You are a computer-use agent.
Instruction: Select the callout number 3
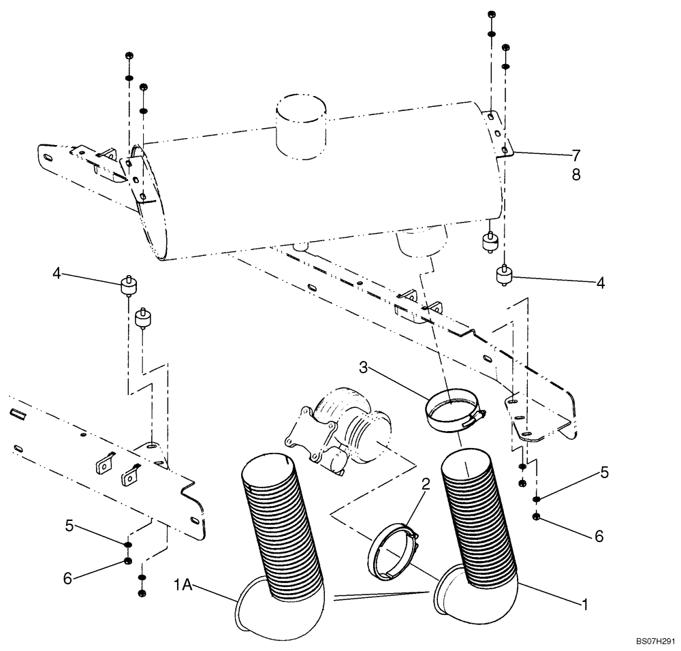[x=364, y=368]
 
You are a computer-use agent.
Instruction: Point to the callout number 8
[x=576, y=175]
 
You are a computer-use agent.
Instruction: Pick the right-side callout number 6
[x=598, y=536]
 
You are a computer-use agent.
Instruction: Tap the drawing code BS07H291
[x=655, y=641]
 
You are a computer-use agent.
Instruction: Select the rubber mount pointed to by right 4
[x=505, y=276]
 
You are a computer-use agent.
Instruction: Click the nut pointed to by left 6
[x=127, y=561]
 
